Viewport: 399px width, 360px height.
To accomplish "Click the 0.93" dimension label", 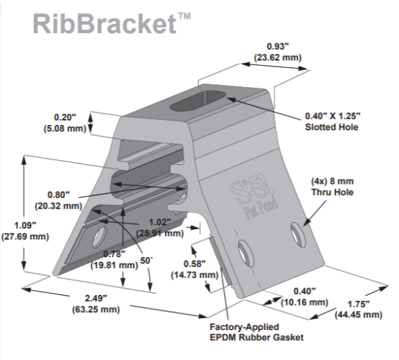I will (x=275, y=52).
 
